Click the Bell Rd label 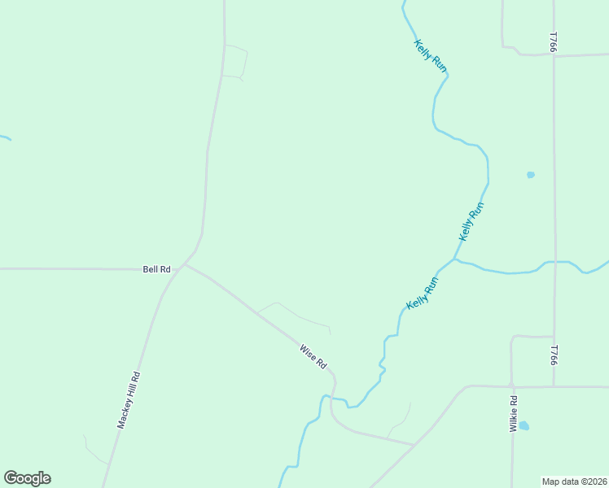point(156,269)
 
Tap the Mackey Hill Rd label point(129,399)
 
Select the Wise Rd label point(313,356)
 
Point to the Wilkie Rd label point(514,413)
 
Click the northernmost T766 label point(553,43)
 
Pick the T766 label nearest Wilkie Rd point(553,355)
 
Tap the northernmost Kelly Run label point(430,56)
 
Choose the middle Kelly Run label point(472,222)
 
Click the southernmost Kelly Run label point(423,293)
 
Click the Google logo point(27,478)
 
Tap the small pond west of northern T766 point(531,174)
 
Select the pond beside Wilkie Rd point(524,425)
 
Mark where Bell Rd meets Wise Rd point(186,264)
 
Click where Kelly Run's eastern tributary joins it point(454,260)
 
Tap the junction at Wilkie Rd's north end point(511,386)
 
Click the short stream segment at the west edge point(5,137)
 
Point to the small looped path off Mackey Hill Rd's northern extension point(235,62)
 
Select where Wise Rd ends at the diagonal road point(414,445)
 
